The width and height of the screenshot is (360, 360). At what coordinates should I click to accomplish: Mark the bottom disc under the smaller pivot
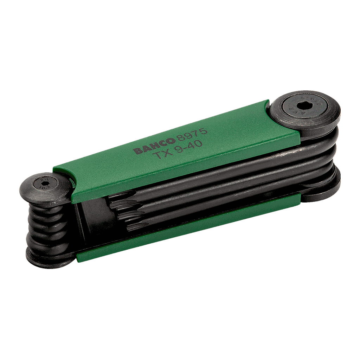click(46, 258)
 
